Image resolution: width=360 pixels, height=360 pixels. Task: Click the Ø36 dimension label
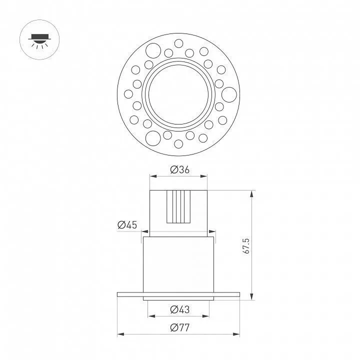click(180, 169)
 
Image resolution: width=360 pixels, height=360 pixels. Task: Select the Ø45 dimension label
click(127, 225)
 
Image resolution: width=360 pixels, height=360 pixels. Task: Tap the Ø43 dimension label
click(180, 309)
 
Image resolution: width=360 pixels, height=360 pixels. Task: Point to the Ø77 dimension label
click(180, 327)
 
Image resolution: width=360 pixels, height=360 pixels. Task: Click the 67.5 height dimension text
click(246, 246)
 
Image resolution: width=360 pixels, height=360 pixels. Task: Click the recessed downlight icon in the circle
click(39, 40)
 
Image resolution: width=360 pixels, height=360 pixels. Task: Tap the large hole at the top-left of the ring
click(153, 50)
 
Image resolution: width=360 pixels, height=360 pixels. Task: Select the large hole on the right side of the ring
click(229, 94)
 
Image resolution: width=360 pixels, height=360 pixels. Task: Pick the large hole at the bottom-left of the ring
click(153, 138)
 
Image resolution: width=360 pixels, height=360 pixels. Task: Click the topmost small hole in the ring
click(178, 43)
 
